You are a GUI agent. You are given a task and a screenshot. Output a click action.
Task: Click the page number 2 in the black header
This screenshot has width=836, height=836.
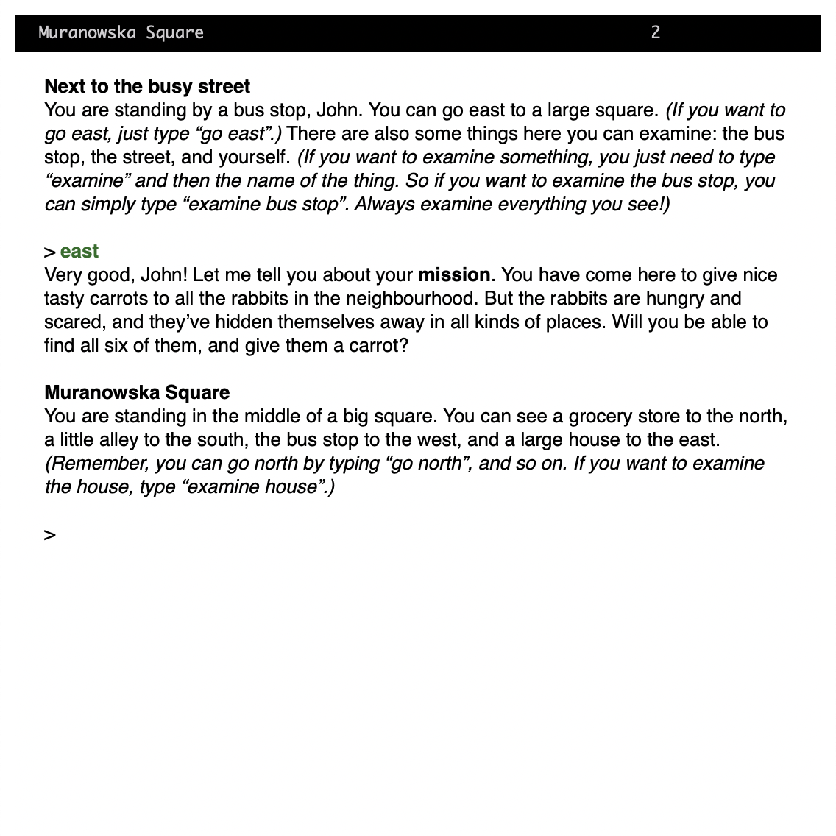click(x=655, y=32)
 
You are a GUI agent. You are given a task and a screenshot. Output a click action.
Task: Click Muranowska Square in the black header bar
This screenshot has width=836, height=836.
click(x=121, y=32)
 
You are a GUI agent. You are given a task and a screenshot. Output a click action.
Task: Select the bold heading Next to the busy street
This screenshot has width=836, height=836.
click(x=147, y=86)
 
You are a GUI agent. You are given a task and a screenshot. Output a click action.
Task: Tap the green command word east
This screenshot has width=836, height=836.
click(x=79, y=252)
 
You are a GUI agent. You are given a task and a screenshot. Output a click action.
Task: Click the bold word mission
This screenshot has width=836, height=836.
click(x=454, y=275)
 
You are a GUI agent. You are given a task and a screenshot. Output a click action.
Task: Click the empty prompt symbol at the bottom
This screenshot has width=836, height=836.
click(x=50, y=535)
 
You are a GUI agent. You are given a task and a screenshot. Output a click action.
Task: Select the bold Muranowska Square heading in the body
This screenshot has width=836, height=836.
click(x=137, y=392)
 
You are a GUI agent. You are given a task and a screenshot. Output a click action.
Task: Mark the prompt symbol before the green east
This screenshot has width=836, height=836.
click(x=50, y=252)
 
